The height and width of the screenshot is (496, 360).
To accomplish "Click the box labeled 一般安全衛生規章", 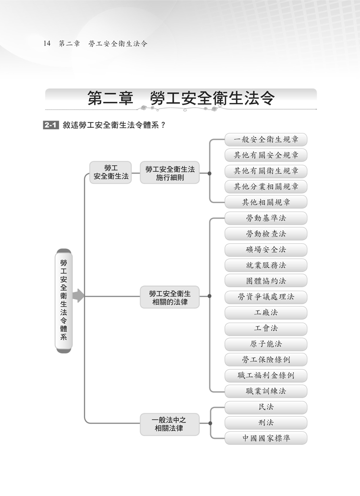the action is pos(266,140).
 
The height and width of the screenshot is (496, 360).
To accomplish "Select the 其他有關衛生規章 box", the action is pos(266,171).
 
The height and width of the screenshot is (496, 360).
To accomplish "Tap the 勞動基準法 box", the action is pos(266,218).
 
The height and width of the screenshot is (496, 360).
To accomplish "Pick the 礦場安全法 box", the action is pos(266,250).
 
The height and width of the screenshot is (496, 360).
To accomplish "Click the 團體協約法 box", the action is pos(266,281).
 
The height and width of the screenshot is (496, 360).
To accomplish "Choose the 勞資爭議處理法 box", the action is pos(266,297).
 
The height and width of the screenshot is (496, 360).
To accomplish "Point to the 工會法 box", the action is pos(266,328).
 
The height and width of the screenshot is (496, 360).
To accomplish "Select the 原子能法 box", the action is pos(266,344).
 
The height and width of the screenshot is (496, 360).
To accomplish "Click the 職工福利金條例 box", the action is pos(266,375).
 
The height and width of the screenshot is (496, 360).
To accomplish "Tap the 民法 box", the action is pos(266,407).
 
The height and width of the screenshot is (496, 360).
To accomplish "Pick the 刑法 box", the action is pos(266,423).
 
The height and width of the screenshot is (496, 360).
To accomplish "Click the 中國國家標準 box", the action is pos(266,438).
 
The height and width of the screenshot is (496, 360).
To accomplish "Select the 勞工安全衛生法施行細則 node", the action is pos(170,173).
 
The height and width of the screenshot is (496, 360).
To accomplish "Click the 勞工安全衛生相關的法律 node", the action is pos(170,297).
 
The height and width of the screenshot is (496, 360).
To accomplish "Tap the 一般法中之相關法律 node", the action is pos(170,424).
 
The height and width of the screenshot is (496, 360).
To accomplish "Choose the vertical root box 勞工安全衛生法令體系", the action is pos(63,301).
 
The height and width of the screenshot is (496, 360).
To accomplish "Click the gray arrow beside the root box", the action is pos(78,296).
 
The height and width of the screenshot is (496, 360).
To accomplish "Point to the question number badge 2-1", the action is pos(50,125).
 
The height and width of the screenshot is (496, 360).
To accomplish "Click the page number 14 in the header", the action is pos(47,43).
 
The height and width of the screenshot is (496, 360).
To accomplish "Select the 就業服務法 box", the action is pos(266,265).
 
